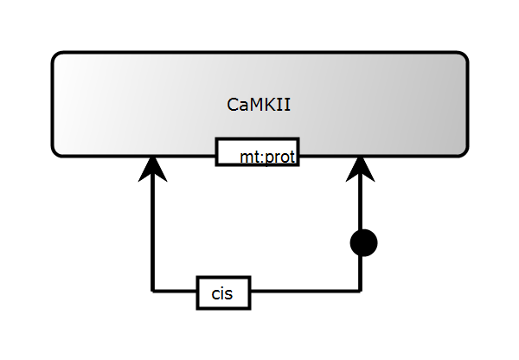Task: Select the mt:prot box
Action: [257, 151]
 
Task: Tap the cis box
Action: [223, 292]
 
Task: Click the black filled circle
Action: [363, 243]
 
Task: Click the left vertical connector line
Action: [153, 234]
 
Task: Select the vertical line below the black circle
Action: [360, 273]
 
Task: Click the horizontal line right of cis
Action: [303, 292]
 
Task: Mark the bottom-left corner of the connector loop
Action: [153, 292]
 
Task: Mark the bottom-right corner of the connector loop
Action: [360, 292]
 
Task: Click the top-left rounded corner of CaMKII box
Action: [57, 57]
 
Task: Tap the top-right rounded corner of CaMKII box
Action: [463, 57]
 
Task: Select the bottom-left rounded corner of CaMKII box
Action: [57, 151]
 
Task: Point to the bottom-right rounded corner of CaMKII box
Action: [463, 151]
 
